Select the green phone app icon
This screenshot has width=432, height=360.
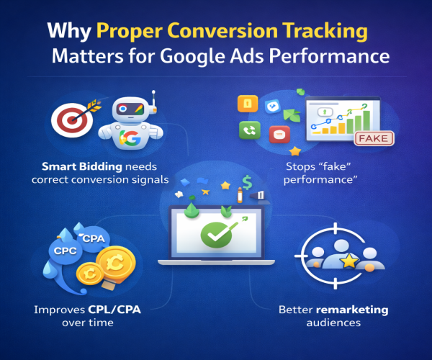click(249, 130)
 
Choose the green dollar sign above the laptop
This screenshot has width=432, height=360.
click(247, 183)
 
